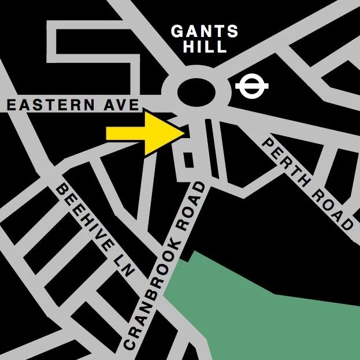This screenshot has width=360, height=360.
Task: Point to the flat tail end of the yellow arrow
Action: pyautogui.click(x=108, y=133)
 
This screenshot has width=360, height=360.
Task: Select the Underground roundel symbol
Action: pyautogui.click(x=253, y=87)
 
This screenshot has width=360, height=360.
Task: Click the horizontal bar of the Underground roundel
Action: pyautogui.click(x=253, y=87)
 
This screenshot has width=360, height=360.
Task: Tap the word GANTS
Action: pyautogui.click(x=205, y=32)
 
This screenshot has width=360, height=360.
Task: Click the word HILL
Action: pyautogui.click(x=205, y=47)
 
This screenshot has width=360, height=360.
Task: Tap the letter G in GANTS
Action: pyautogui.click(x=177, y=32)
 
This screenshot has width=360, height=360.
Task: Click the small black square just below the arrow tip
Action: pyautogui.click(x=188, y=158)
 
